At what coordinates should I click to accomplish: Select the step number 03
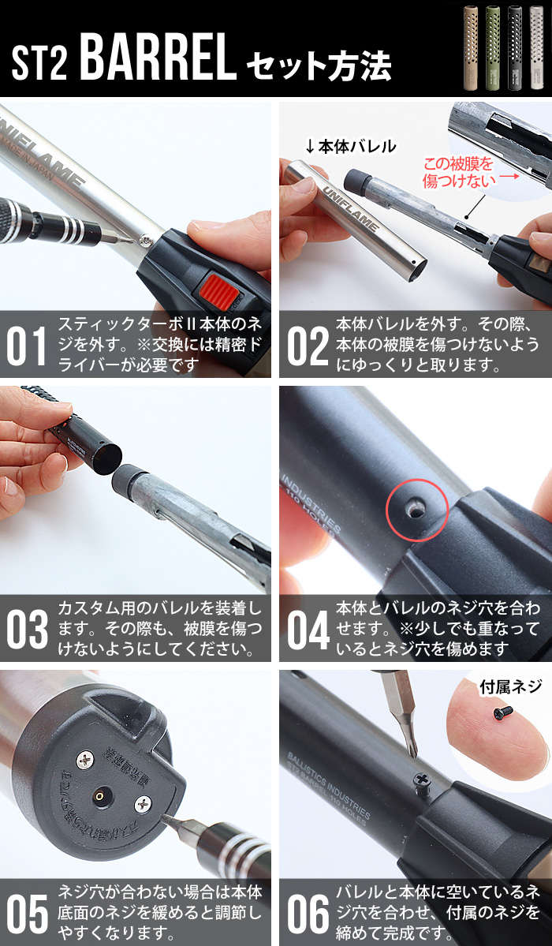[27, 630]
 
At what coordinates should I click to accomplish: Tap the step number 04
[307, 630]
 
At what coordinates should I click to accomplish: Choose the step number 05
[27, 914]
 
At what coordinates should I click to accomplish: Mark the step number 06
[307, 914]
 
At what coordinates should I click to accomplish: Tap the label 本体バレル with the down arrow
[350, 146]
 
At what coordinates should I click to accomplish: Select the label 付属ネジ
[510, 686]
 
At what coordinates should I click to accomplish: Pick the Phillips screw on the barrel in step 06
[422, 780]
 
